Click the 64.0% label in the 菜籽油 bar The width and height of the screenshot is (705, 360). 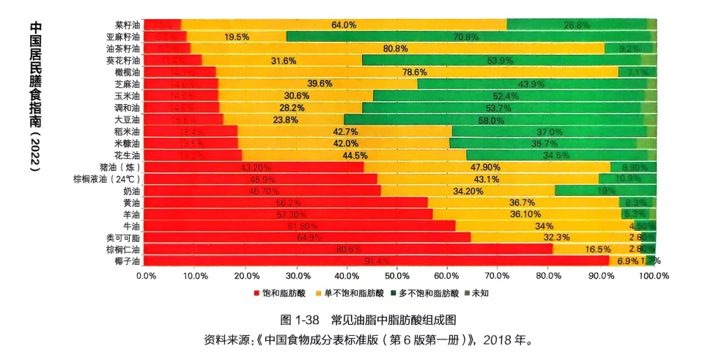[344, 25]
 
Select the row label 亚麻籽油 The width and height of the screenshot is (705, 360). [122, 37]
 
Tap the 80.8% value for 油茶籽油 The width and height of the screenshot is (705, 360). [396, 48]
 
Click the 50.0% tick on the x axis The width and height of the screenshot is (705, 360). [396, 276]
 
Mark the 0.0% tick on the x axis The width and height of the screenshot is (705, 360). [147, 276]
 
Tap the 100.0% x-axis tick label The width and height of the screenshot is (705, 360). [654, 276]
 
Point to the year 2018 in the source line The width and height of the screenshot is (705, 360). [498, 340]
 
